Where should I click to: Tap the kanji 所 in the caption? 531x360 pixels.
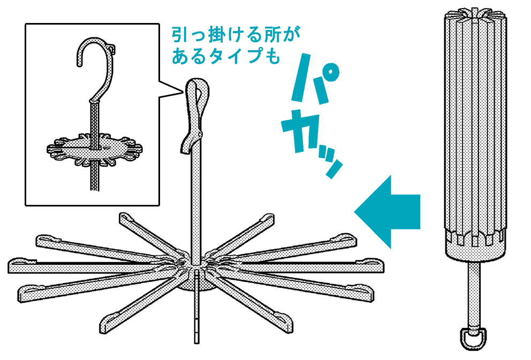pyautogui.click(x=272, y=35)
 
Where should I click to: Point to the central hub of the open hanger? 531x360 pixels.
pyautogui.click(x=196, y=271)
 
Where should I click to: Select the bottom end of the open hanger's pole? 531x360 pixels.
pyautogui.click(x=197, y=342)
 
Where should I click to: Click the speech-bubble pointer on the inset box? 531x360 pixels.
pyautogui.click(x=171, y=90)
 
